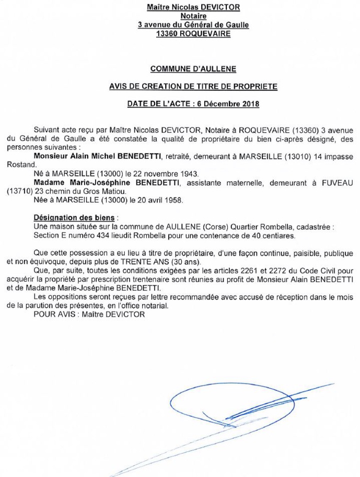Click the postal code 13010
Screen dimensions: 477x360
pos(296,156)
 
